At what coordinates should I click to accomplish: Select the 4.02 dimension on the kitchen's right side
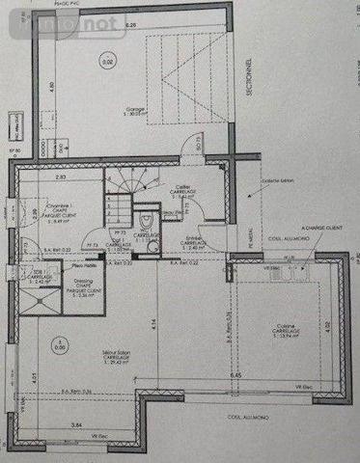[x=327, y=326]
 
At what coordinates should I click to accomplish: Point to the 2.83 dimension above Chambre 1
[x=60, y=178]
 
